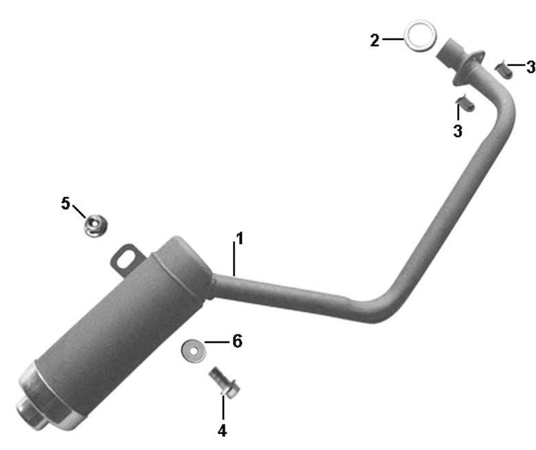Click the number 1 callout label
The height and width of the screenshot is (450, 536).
(240, 238)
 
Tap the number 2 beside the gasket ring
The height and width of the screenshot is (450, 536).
(375, 41)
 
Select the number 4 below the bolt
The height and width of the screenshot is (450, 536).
(222, 431)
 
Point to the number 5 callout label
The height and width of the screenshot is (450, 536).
(65, 203)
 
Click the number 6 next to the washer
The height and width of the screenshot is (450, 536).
(237, 341)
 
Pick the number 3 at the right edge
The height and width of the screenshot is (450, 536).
(531, 67)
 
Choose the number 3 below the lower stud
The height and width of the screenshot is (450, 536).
(458, 131)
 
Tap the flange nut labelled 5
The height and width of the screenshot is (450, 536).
(96, 225)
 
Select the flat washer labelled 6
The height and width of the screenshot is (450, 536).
(194, 351)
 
